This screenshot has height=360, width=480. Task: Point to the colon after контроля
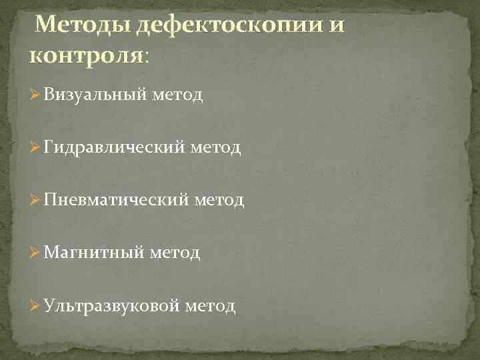[147, 57]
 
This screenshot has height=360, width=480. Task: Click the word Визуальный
[95, 96]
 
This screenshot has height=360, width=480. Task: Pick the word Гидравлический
[114, 148]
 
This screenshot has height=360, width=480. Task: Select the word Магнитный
[93, 253]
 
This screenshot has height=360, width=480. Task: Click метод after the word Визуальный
[177, 96]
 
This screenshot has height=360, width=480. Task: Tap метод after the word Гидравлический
[215, 148]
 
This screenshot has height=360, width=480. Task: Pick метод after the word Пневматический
[219, 200]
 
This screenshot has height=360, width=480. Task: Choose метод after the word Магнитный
[175, 253]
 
